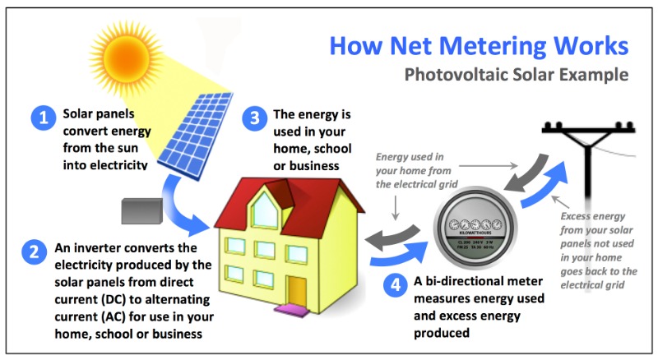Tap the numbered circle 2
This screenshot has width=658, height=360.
pos(34,253)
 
